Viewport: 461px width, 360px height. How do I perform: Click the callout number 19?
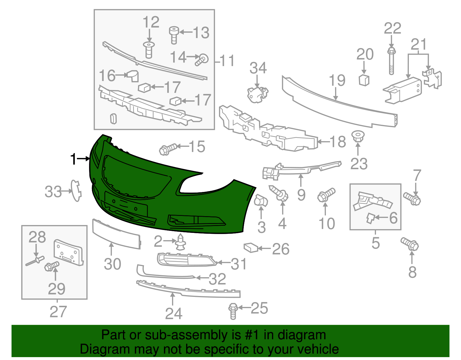(337, 80)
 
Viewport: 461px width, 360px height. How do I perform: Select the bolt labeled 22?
(391, 62)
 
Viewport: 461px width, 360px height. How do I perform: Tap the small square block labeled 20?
(364, 80)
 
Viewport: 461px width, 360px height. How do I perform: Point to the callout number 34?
(258, 68)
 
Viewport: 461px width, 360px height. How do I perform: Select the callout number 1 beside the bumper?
(74, 159)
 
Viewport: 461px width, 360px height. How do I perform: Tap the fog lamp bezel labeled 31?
(186, 260)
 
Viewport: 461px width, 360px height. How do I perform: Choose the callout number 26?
(281, 249)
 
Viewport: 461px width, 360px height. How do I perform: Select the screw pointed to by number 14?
(202, 60)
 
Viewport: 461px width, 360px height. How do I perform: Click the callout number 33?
(53, 192)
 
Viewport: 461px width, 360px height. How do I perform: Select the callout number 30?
(112, 264)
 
